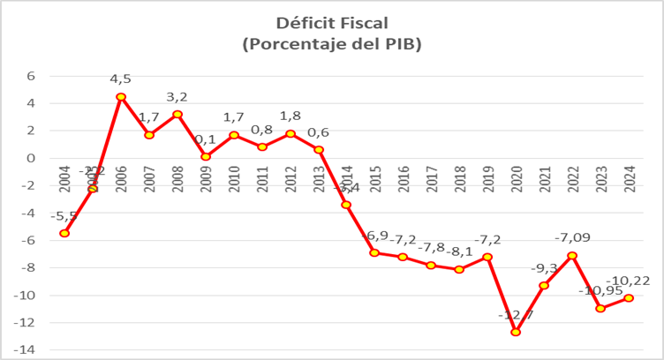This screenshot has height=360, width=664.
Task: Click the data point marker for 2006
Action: pyautogui.click(x=121, y=97)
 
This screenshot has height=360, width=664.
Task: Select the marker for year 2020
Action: pyautogui.click(x=516, y=332)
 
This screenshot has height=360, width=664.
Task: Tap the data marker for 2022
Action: pyautogui.click(x=572, y=255)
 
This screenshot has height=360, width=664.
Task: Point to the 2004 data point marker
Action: pyautogui.click(x=64, y=233)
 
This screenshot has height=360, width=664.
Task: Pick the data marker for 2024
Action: pyautogui.click(x=629, y=298)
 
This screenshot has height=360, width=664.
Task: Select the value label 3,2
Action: pyautogui.click(x=177, y=97)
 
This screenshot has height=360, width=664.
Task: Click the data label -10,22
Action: pyautogui.click(x=632, y=281)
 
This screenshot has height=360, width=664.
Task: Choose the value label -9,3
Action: pyautogui.click(x=544, y=267)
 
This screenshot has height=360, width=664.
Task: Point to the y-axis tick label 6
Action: pyautogui.click(x=30, y=76)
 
